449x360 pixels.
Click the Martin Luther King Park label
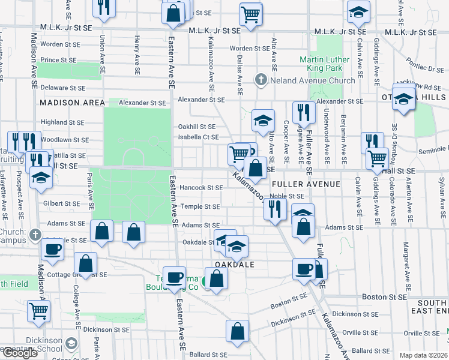click(x=324, y=64)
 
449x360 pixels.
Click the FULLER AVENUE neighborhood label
click(x=306, y=184)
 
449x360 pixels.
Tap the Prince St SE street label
click(x=59, y=60)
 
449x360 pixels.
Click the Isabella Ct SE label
click(x=197, y=137)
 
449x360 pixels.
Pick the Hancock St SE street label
click(x=201, y=188)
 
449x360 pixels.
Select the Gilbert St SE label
click(x=62, y=204)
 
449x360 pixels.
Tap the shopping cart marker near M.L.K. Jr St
click(x=250, y=13)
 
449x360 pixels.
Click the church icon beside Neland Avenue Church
click(x=261, y=80)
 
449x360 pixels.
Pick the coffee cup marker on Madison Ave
click(x=53, y=250)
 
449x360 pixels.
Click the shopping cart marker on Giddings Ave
click(x=377, y=159)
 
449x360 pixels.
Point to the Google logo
click(x=20, y=353)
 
